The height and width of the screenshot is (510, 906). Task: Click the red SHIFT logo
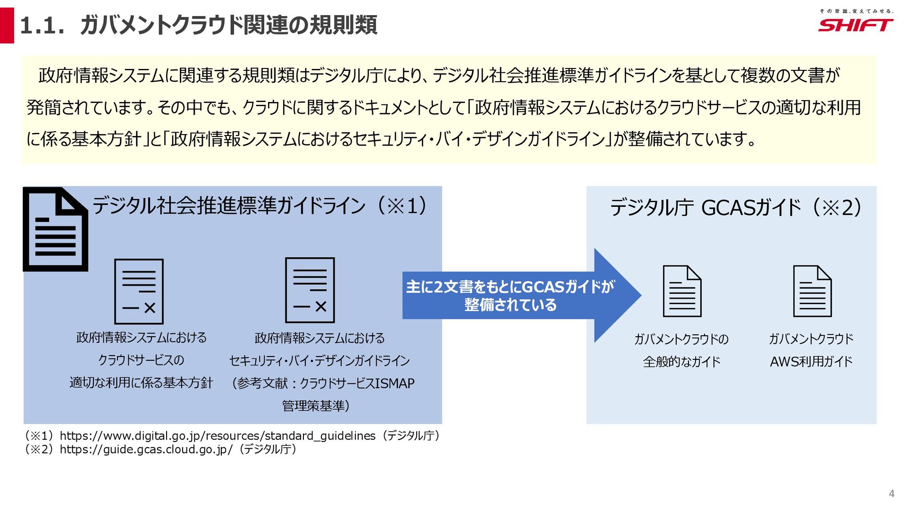(855, 25)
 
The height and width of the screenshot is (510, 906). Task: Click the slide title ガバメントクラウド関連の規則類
(229, 25)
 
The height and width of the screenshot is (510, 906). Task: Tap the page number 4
(891, 493)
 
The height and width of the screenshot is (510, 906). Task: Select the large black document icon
(56, 229)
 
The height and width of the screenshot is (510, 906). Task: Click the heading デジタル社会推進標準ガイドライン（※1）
(259, 206)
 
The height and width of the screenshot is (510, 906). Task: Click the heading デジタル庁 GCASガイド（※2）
(736, 207)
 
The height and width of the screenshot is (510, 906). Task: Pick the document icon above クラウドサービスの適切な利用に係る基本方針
(139, 291)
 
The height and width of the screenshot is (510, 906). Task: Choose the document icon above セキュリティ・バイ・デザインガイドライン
(310, 290)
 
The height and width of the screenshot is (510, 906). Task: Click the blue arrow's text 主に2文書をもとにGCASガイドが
(510, 287)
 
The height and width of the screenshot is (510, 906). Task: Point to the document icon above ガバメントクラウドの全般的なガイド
(682, 291)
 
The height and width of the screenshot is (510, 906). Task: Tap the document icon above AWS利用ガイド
(812, 291)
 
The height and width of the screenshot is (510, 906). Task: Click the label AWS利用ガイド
(811, 362)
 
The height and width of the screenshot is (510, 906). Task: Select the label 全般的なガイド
(681, 362)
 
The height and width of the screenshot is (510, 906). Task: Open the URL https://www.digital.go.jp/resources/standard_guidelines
(218, 436)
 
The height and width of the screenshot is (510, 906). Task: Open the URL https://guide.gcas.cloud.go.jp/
(146, 449)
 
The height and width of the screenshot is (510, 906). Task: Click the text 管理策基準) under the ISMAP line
(316, 406)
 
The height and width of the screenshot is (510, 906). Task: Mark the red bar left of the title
(7, 25)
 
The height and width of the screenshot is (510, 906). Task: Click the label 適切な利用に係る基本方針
(141, 382)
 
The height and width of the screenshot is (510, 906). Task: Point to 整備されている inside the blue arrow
(510, 305)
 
